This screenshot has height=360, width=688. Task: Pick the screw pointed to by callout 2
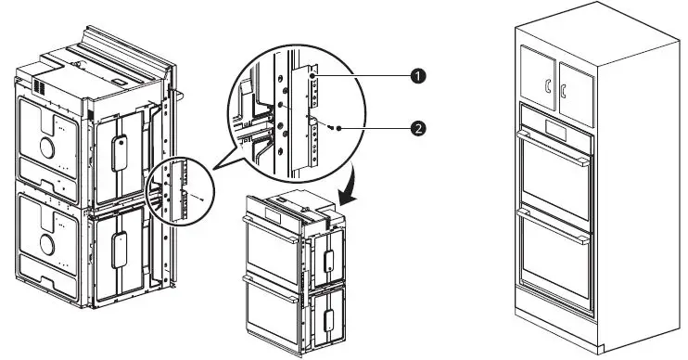344,128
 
